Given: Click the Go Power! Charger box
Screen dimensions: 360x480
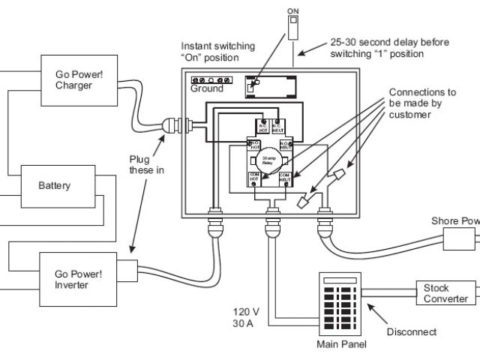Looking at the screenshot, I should pos(85,80).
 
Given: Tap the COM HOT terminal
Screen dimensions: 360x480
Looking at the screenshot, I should pos(254,178).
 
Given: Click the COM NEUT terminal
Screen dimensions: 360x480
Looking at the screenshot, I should pos(285,178).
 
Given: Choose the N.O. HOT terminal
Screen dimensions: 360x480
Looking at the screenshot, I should pos(254,144).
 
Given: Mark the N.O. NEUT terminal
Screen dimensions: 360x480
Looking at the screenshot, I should pos(286,144).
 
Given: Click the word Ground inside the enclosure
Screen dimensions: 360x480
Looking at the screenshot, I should pos(206,88).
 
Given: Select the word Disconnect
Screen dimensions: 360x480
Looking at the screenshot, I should pos(411,331).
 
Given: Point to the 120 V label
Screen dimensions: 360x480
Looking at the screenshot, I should pos(245,312).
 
